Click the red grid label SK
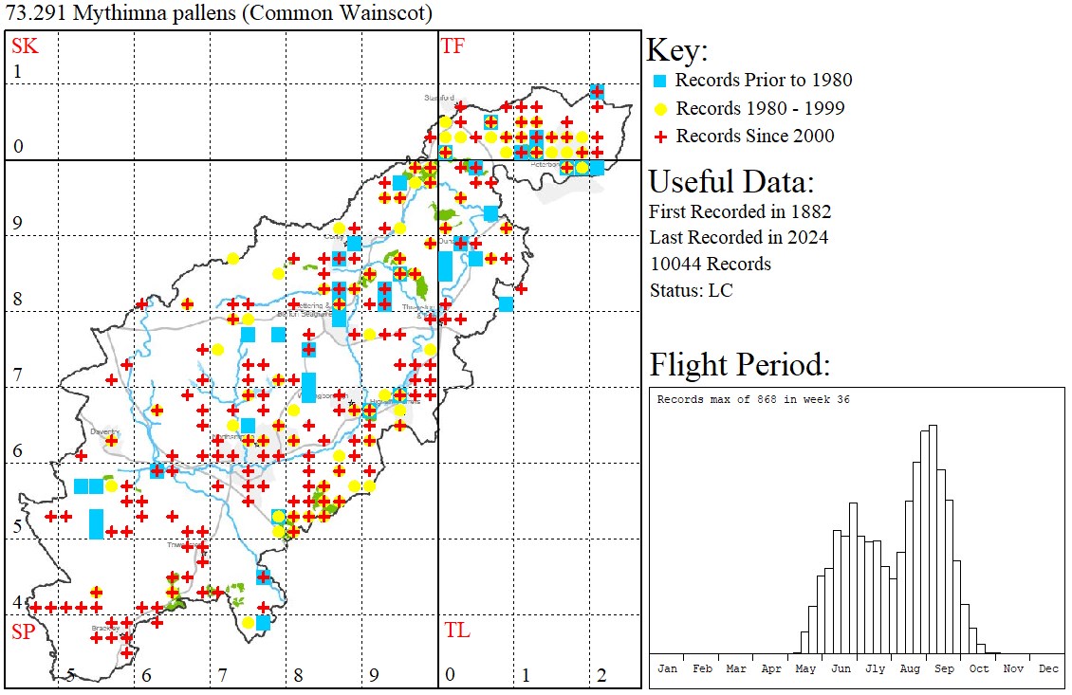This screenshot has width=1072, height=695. (x=24, y=45)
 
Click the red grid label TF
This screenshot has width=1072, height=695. (x=453, y=45)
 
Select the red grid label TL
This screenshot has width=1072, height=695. (x=456, y=631)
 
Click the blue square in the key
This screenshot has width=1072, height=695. (x=661, y=81)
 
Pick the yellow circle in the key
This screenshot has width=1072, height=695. (x=661, y=108)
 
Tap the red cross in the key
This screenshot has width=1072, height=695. (x=661, y=137)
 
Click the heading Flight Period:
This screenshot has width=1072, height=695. (x=739, y=364)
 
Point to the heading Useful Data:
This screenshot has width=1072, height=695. (x=730, y=182)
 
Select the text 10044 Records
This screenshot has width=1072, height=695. (x=710, y=264)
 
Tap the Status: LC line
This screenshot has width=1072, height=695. (x=691, y=290)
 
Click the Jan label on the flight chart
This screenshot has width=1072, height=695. (x=668, y=668)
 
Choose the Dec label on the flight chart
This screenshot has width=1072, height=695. (x=1048, y=668)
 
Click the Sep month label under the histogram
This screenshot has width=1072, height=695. (x=944, y=668)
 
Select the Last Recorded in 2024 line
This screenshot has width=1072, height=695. (x=738, y=237)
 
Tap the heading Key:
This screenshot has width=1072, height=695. (x=677, y=50)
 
